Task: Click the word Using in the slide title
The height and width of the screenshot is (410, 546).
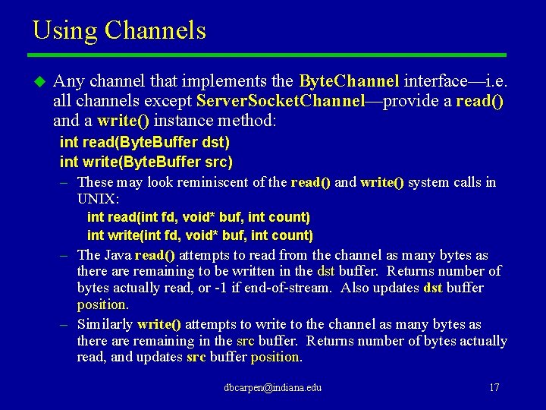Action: [64, 30]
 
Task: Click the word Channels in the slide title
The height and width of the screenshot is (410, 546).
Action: [155, 30]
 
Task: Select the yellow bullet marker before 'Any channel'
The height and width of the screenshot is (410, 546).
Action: [39, 81]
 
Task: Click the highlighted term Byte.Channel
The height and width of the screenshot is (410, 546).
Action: [349, 81]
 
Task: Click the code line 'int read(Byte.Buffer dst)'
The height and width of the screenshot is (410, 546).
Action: [145, 142]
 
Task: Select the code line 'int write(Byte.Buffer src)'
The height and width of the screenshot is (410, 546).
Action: [146, 162]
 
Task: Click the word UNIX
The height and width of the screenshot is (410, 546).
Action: [97, 199]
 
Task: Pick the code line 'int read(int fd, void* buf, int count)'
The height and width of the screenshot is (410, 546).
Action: [199, 217]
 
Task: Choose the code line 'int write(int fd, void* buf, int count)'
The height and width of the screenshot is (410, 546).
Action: [200, 235]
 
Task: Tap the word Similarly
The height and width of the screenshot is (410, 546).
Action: [105, 325]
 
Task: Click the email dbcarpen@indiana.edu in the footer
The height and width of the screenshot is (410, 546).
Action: [273, 387]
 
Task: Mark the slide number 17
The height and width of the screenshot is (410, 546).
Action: [494, 387]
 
